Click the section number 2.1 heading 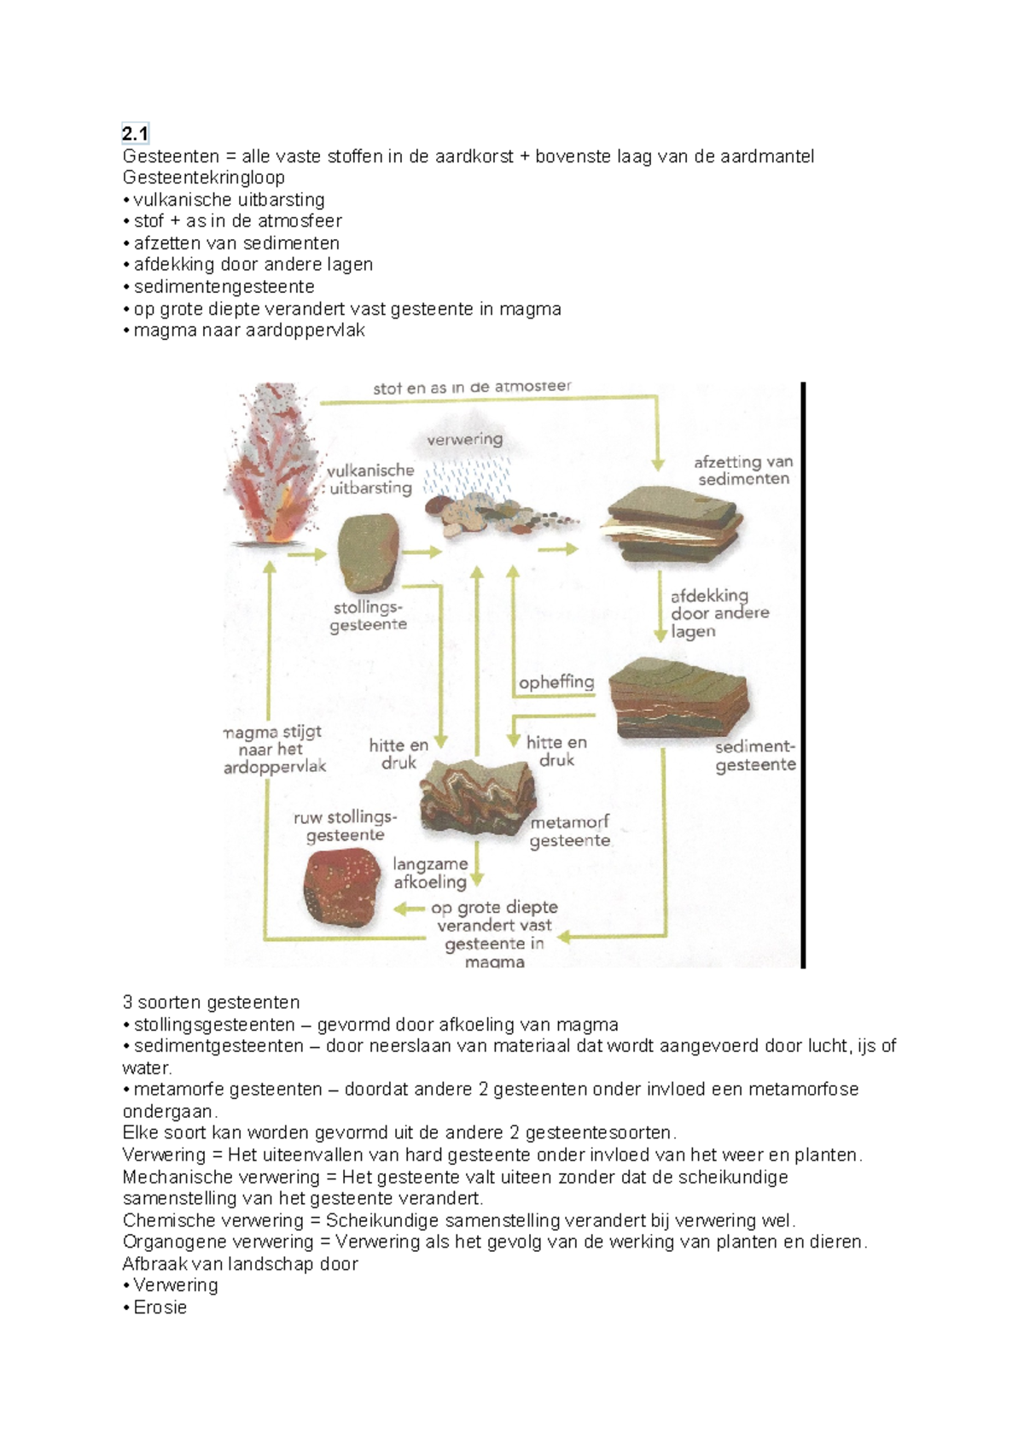135,134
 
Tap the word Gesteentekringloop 203,178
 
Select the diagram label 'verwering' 465,439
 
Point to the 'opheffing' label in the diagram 556,681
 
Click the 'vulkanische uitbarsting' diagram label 370,479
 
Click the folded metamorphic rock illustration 478,798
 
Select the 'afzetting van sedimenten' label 743,471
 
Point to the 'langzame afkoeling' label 430,873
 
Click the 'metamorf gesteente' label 570,832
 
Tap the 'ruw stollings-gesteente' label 345,826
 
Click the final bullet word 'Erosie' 160,1307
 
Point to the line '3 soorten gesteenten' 211,1002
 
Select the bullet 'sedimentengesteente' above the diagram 224,287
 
